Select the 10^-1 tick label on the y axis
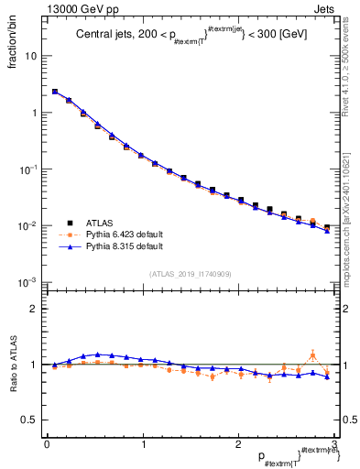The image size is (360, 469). point(29,169)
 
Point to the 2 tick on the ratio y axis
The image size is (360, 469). point(36,309)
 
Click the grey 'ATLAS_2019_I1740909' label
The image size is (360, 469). point(190,274)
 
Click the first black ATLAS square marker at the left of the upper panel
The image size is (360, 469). point(55,92)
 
